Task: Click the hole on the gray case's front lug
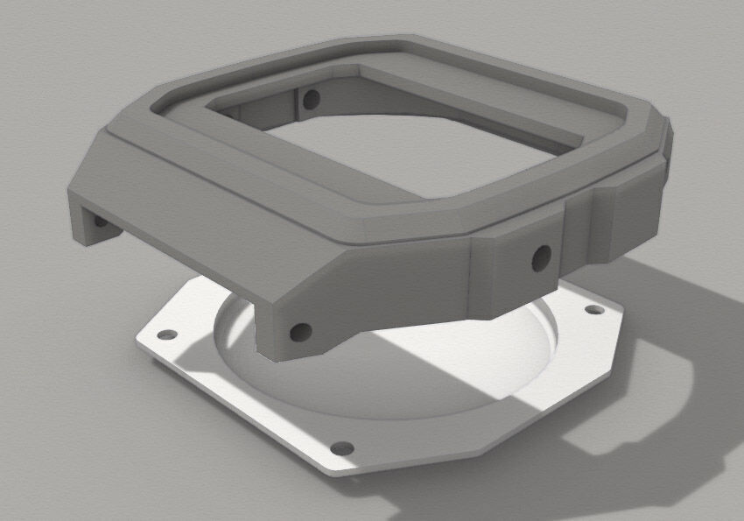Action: tap(299, 332)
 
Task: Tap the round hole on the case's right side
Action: tap(541, 256)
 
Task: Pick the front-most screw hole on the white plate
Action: tap(343, 447)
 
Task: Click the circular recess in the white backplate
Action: tap(385, 359)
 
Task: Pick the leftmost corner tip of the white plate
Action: tap(138, 336)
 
